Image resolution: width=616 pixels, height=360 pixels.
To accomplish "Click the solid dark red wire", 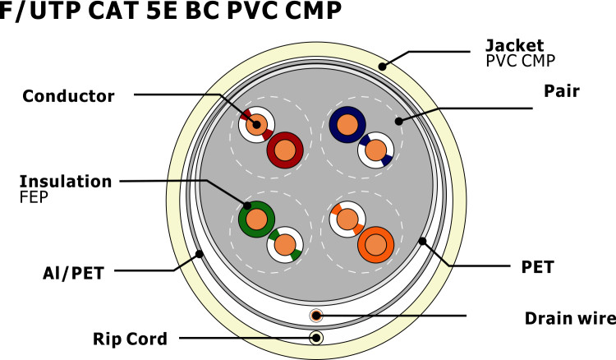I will pos(286,150).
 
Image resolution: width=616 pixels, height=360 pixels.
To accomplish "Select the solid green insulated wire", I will pos(256,219).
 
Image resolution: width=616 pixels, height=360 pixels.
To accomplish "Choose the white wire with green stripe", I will pos(285,243).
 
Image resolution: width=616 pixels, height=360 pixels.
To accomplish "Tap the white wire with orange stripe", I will pos(347,219).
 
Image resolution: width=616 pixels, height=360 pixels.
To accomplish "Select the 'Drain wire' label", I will pos(569,317).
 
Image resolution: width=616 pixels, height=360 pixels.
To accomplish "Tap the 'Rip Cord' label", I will pos(131,338).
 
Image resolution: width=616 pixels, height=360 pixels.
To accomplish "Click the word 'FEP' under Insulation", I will pos(34,197).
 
